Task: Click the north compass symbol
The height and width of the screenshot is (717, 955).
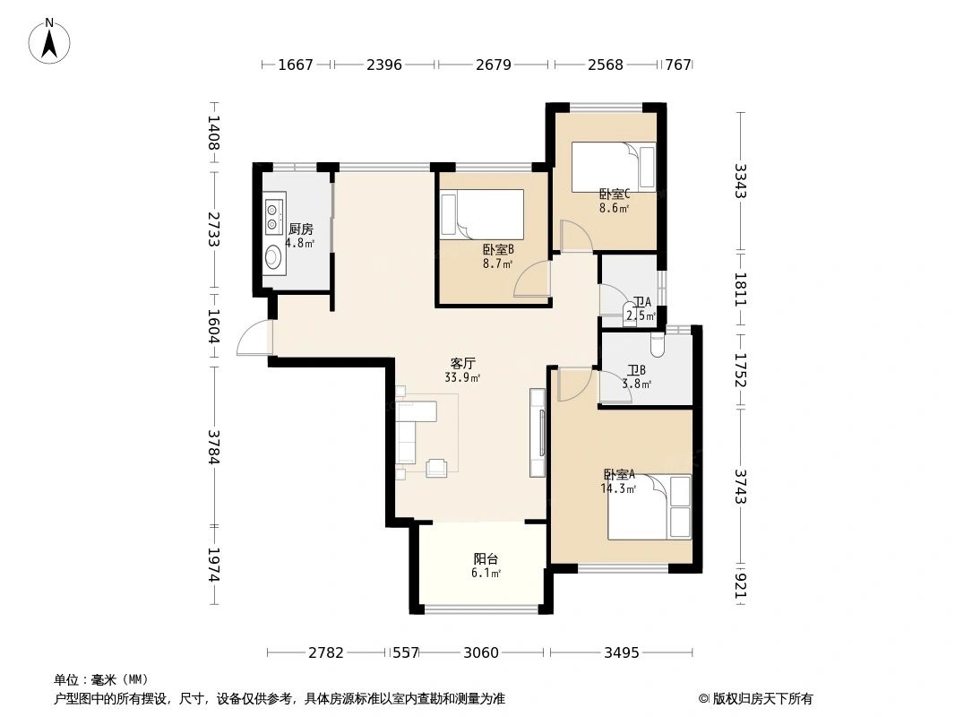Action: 51,39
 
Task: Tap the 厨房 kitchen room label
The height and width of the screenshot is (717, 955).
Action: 300,229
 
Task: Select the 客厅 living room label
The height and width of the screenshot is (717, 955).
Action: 462,364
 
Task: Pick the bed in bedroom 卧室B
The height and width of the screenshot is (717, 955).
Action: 481,214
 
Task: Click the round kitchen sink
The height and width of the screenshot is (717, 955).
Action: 274,258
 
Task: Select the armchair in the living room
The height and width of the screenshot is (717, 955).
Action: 437,469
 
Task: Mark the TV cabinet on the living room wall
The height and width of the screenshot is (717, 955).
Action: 538,432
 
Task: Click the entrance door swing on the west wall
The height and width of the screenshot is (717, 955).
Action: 254,339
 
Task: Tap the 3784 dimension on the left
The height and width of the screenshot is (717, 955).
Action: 214,447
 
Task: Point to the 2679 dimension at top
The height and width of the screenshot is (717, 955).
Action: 493,65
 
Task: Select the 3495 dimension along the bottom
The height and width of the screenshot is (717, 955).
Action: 621,652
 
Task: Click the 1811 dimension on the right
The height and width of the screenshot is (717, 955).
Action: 740,289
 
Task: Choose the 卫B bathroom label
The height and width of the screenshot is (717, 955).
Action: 637,370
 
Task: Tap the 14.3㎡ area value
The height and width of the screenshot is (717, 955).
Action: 618,488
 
